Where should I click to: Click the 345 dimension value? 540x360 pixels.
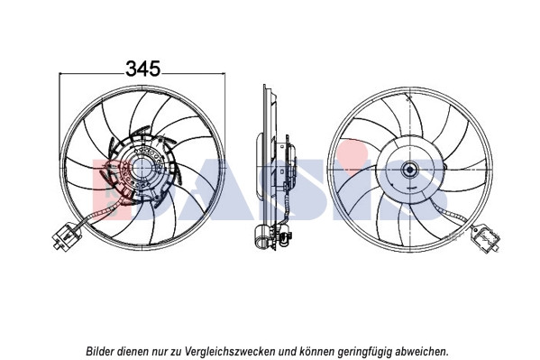click(x=143, y=69)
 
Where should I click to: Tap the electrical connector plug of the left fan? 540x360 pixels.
click(x=66, y=235)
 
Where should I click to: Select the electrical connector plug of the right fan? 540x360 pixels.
click(x=486, y=239)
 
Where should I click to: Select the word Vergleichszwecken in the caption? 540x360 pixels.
click(x=230, y=351)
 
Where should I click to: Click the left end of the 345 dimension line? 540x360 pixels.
click(x=59, y=73)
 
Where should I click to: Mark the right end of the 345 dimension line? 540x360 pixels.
click(x=224, y=73)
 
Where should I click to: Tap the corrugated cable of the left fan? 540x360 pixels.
click(x=99, y=214)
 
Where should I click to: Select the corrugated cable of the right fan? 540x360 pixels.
click(x=450, y=213)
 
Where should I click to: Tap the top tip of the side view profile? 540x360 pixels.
click(x=264, y=85)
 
